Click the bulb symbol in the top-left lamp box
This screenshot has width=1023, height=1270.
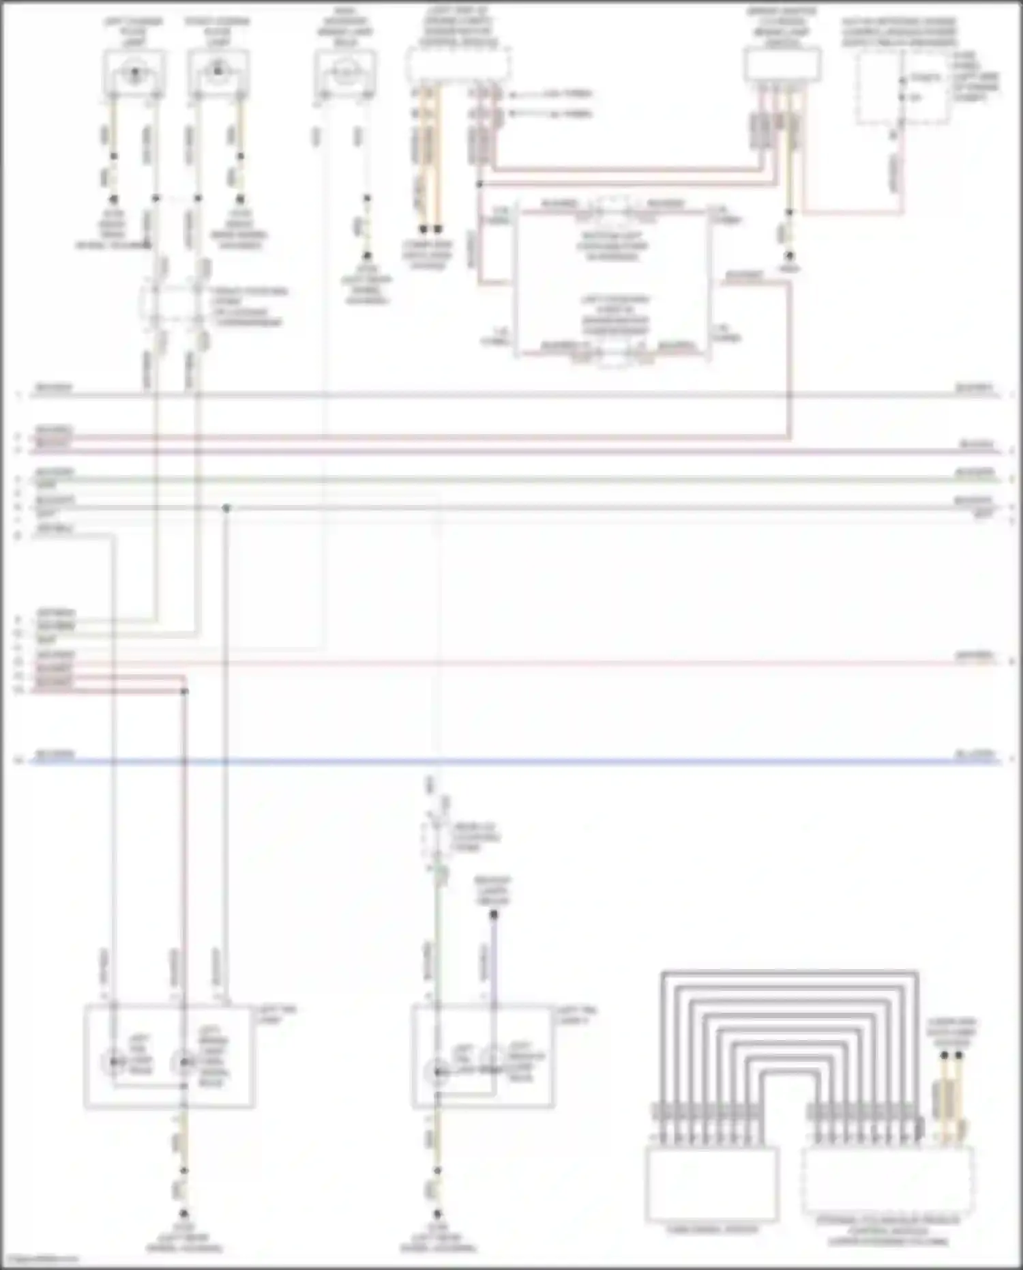click(134, 71)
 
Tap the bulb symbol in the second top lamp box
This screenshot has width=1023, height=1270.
click(218, 70)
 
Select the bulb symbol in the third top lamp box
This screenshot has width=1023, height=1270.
click(345, 71)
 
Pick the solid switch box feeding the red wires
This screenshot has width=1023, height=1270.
click(782, 66)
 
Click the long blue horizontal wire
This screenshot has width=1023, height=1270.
click(518, 760)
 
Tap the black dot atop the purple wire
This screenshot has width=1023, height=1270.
click(494, 914)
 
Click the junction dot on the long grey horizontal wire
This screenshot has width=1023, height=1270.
click(226, 508)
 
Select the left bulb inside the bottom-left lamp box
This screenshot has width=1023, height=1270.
click(114, 1062)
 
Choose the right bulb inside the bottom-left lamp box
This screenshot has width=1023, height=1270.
click(183, 1062)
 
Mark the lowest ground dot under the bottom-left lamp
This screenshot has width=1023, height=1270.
click(183, 1214)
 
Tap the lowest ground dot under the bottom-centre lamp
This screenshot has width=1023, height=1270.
click(437, 1214)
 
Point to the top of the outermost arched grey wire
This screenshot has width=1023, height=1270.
click(789, 972)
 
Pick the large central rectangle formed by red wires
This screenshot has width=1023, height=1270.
click(612, 283)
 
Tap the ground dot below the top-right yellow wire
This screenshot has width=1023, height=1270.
click(789, 256)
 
